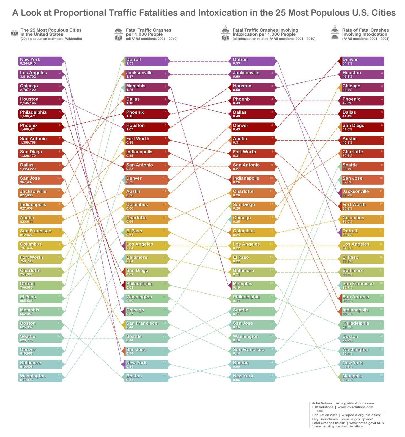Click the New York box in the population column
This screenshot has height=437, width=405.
pyautogui.click(x=40, y=61)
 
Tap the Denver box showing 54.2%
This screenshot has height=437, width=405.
pyautogui.click(x=363, y=61)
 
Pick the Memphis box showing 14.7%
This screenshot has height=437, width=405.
pyautogui.click(x=363, y=378)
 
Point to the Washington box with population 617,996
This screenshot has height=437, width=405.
pyautogui.click(x=40, y=378)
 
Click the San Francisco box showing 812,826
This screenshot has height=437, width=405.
pyautogui.click(x=40, y=233)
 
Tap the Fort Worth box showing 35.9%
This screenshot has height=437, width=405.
pyautogui.click(x=363, y=206)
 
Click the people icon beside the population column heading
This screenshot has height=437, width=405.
pyautogui.click(x=15, y=33)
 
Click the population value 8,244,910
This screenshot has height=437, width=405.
pyautogui.click(x=28, y=63)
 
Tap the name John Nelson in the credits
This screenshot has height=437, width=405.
pyautogui.click(x=322, y=403)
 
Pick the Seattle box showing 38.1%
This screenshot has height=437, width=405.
pyautogui.click(x=363, y=167)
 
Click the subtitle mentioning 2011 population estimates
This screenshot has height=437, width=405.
pyautogui.click(x=51, y=39)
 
